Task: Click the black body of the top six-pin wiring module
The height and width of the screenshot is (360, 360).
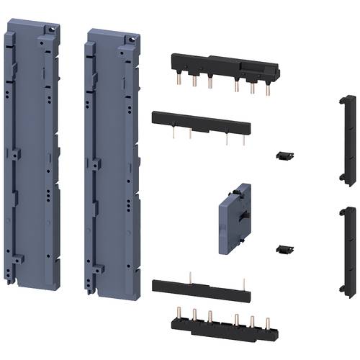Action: [223, 68]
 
